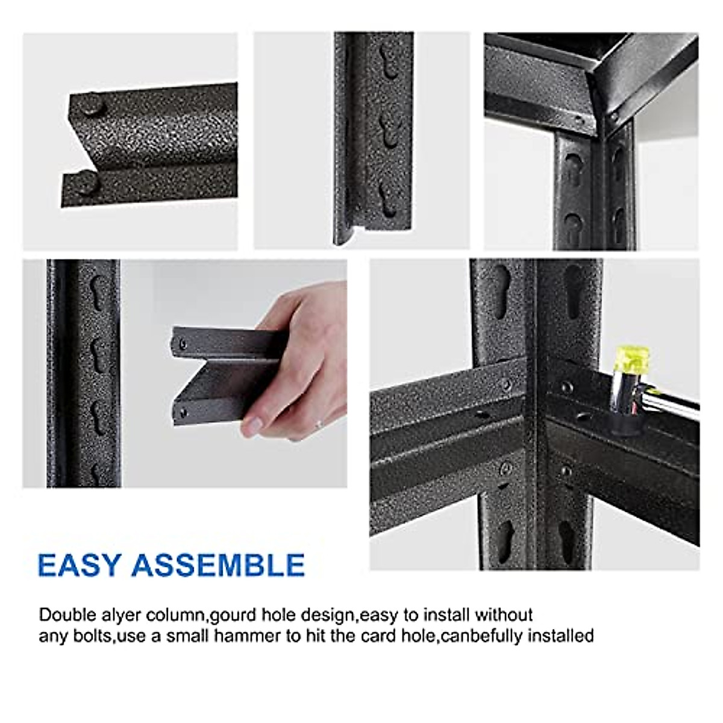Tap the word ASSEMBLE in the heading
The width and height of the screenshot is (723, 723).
coord(218,565)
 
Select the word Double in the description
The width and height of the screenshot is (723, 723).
coord(67,615)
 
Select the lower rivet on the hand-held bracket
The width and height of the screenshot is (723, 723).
coord(182,413)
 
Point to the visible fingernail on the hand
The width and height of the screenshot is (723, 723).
coord(252,427)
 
